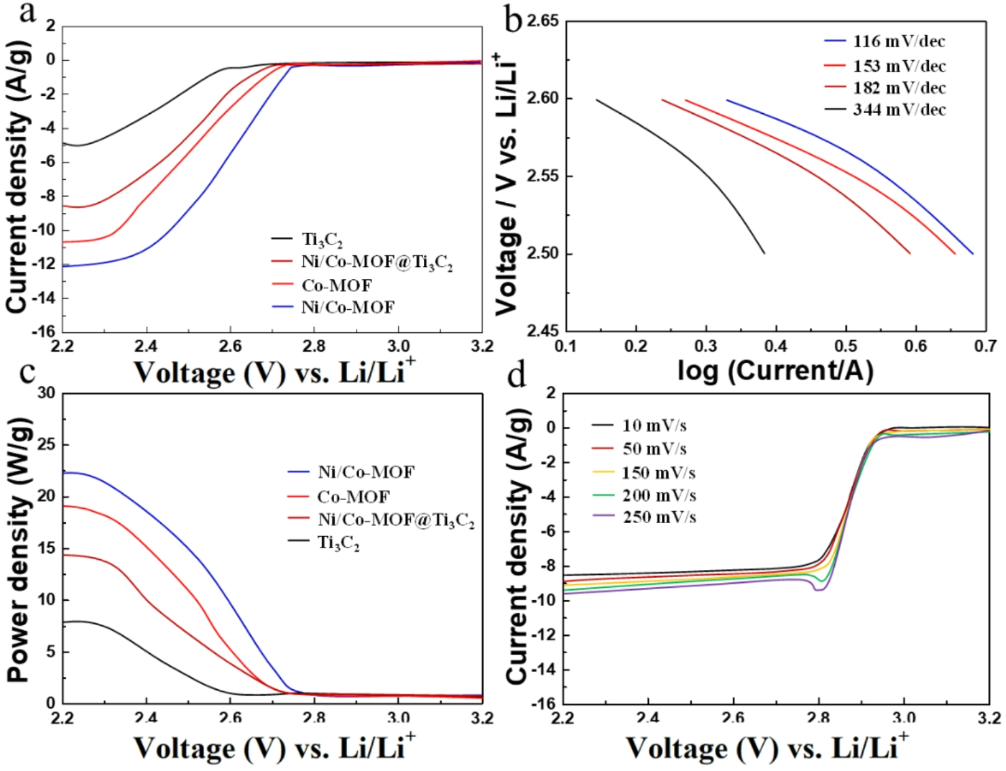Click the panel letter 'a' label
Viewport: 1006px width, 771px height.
[28, 12]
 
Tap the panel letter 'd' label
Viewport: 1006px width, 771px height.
[517, 376]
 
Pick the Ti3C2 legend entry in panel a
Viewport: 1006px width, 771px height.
[322, 239]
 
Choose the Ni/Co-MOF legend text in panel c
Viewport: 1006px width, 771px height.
[366, 472]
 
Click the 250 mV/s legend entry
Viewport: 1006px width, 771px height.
[659, 517]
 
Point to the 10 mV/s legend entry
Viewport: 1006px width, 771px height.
[654, 426]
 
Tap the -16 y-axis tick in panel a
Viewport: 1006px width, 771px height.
[44, 331]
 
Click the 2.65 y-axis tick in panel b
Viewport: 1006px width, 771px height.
[542, 22]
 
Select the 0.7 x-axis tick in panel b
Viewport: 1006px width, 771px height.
[985, 346]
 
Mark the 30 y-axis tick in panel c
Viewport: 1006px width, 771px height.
[47, 394]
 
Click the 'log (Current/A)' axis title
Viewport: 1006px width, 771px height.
[775, 371]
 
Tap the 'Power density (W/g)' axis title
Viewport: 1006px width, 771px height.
[19, 549]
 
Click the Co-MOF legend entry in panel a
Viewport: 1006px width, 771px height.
[336, 285]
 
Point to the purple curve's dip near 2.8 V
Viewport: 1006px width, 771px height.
[819, 590]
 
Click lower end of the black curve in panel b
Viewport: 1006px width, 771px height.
[764, 253]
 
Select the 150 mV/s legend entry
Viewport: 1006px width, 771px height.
[658, 473]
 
